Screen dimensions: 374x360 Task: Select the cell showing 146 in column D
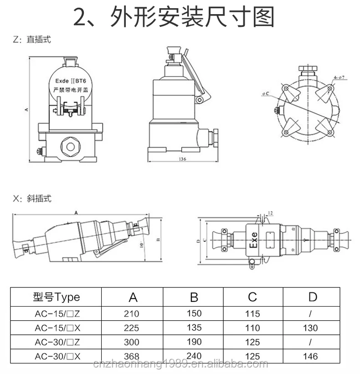312,356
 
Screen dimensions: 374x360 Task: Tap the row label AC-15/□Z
56,313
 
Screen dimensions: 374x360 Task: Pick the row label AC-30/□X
56,356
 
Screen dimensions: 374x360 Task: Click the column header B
194,297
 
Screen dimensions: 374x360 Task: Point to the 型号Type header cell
56,297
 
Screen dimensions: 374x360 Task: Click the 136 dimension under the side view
182,159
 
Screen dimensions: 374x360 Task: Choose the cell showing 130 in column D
312,328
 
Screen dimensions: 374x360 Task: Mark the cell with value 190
194,341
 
